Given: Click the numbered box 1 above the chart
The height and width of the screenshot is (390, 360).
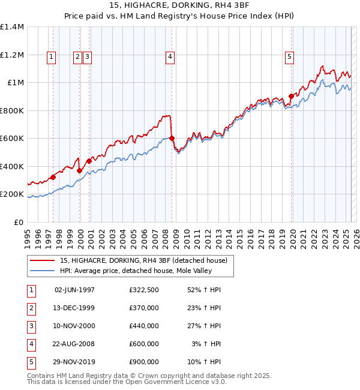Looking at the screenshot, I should pos(51,57).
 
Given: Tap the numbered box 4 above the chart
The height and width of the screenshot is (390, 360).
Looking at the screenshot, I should pos(170,57).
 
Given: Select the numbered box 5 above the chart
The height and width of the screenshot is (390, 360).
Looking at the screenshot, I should pos(289,57).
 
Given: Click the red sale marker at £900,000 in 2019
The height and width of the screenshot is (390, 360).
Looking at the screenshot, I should pos(291,96).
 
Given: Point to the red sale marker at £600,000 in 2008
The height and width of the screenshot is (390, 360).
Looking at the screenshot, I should pos(172,138).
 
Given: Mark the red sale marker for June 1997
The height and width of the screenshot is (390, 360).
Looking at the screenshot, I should pos(53,177).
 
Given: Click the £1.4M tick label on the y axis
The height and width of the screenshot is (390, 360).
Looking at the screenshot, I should pos(12,27).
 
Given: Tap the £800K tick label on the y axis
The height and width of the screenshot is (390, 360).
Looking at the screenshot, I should pos(12,110).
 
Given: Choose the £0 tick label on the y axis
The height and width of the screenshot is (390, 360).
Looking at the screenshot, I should pos(19,222).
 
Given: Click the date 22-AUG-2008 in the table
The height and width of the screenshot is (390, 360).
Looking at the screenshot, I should pos(74,344).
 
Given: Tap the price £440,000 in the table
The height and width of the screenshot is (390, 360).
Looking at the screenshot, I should pos(144,326).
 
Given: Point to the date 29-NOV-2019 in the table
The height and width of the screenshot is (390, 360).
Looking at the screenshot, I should pos(74,362).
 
